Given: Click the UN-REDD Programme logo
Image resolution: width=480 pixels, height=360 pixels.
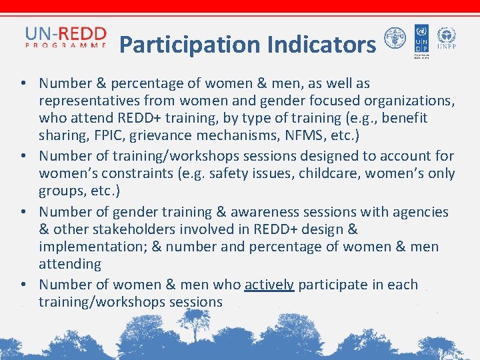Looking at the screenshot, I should click(x=65, y=38).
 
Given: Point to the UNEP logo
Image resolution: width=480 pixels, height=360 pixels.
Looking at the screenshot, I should click(x=446, y=39).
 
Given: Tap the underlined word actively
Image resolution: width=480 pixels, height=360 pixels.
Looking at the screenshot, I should click(x=269, y=285).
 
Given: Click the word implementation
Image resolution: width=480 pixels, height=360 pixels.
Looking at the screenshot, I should click(x=89, y=247).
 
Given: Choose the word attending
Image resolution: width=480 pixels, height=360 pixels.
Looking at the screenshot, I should click(x=70, y=265).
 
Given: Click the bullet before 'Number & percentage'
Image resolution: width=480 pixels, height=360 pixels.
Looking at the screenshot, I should click(x=23, y=84).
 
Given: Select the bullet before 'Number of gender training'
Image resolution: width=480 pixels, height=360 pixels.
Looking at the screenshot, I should click(x=23, y=212).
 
